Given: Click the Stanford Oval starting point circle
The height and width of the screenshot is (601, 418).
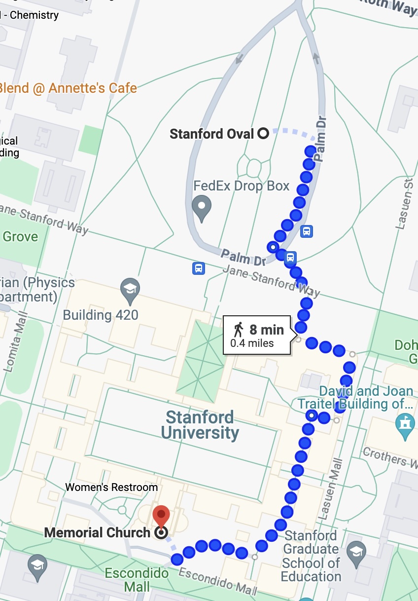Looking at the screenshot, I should pos(263,133).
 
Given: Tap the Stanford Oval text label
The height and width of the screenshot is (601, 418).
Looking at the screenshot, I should pos(211,134).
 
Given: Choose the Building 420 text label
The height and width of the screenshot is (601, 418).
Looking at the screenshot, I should pos(101,315).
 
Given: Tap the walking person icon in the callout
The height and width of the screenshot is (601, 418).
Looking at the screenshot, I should pos(239,330).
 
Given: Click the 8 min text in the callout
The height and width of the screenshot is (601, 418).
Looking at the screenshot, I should pos(266,330).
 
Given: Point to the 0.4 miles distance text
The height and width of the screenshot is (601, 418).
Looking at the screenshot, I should pos(252,343).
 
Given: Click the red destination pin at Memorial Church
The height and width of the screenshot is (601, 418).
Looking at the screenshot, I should pos(161,516).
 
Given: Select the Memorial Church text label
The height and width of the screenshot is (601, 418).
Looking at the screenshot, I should pos(97,533).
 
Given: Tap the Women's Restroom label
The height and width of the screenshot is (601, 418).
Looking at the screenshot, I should pos(111,488).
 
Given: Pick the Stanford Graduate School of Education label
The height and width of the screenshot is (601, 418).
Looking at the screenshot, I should pos(312,556).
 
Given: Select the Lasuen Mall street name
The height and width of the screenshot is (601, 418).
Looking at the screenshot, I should pos(337,488).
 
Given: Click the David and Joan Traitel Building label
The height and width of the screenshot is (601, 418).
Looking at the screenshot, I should pos(355,398).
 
